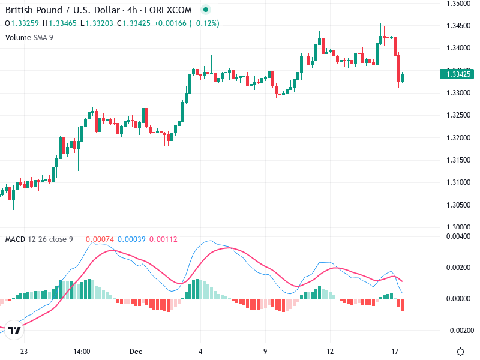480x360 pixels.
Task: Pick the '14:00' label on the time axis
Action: pyautogui.click(x=82, y=352)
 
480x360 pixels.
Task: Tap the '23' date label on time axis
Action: pyautogui.click(x=24, y=352)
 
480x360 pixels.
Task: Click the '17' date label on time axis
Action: pyautogui.click(x=394, y=352)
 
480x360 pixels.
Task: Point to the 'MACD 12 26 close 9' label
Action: pyautogui.click(x=39, y=239)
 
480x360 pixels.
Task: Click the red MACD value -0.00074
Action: pyautogui.click(x=97, y=239)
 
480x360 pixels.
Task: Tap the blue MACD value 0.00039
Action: pyautogui.click(x=131, y=239)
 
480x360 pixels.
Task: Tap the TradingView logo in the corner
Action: pyautogui.click(x=15, y=329)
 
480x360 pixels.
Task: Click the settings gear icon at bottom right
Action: pyautogui.click(x=461, y=352)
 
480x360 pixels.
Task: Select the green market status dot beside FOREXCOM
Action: pyautogui.click(x=206, y=10)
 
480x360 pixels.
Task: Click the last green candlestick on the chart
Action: pyautogui.click(x=403, y=77)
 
